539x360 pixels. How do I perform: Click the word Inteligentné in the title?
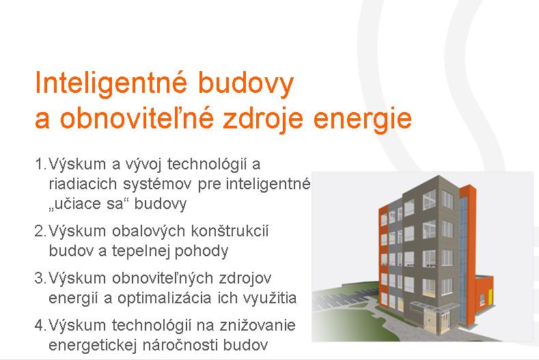pyautogui.click(x=111, y=83)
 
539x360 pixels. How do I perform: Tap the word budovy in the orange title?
pyautogui.click(x=246, y=83)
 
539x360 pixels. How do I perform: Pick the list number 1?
pyautogui.click(x=40, y=164)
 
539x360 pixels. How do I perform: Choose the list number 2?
pyautogui.click(x=40, y=231)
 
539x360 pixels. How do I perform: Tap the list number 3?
pyautogui.click(x=40, y=278)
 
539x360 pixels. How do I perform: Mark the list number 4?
pyautogui.click(x=40, y=325)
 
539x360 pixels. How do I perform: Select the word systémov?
pyautogui.click(x=157, y=184)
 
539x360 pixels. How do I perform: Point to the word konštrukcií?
pyautogui.click(x=230, y=231)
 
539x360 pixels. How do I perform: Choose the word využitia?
pyautogui.click(x=270, y=299)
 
